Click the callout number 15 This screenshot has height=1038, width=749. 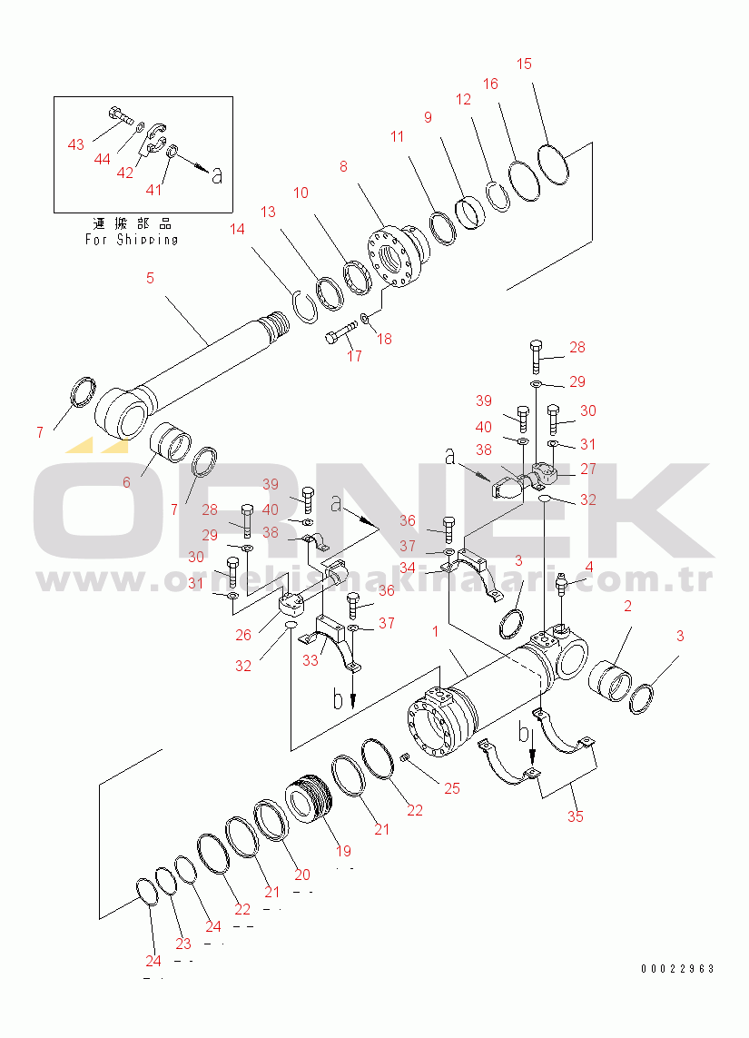coord(525,64)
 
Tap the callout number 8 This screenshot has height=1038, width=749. coord(344,166)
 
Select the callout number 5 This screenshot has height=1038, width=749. coord(150,278)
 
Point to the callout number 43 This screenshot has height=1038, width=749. coord(76,145)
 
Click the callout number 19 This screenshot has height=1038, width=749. coord(344,852)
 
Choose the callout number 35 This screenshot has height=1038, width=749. coord(576,816)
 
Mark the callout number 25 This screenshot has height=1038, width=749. coord(451,789)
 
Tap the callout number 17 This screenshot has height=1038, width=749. coord(354,356)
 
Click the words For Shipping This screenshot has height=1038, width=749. coord(132,240)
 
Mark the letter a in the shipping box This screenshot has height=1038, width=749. coord(216,176)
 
